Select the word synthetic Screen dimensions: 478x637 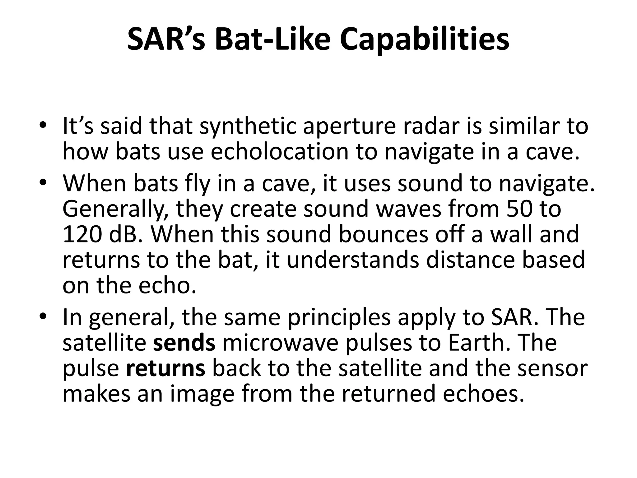point(248,127)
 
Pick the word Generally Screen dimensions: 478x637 point(116,209)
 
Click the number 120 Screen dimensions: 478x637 point(82,234)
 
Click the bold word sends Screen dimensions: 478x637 point(184,343)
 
